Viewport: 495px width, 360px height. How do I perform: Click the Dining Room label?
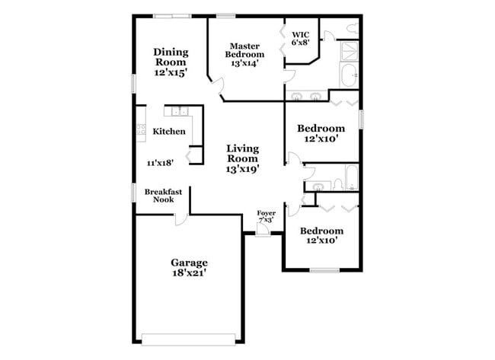click(x=171, y=56)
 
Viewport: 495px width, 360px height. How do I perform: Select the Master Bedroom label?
click(x=244, y=50)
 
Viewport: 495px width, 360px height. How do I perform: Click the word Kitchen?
click(x=169, y=131)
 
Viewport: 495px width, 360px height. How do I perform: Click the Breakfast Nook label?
click(x=163, y=196)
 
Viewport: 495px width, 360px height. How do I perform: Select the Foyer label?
click(x=266, y=213)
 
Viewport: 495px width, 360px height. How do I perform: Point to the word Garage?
click(x=189, y=262)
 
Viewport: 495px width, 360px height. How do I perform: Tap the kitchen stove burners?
click(x=141, y=129)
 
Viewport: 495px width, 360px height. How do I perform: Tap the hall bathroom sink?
click(x=315, y=185)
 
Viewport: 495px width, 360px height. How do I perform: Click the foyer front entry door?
click(x=263, y=231)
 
